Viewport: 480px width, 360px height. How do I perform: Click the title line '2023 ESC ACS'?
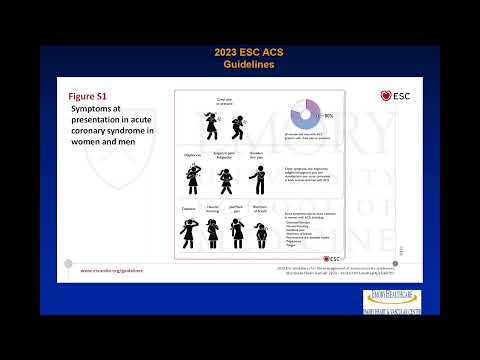(239, 52)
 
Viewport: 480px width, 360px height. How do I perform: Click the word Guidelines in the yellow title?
(239, 64)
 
